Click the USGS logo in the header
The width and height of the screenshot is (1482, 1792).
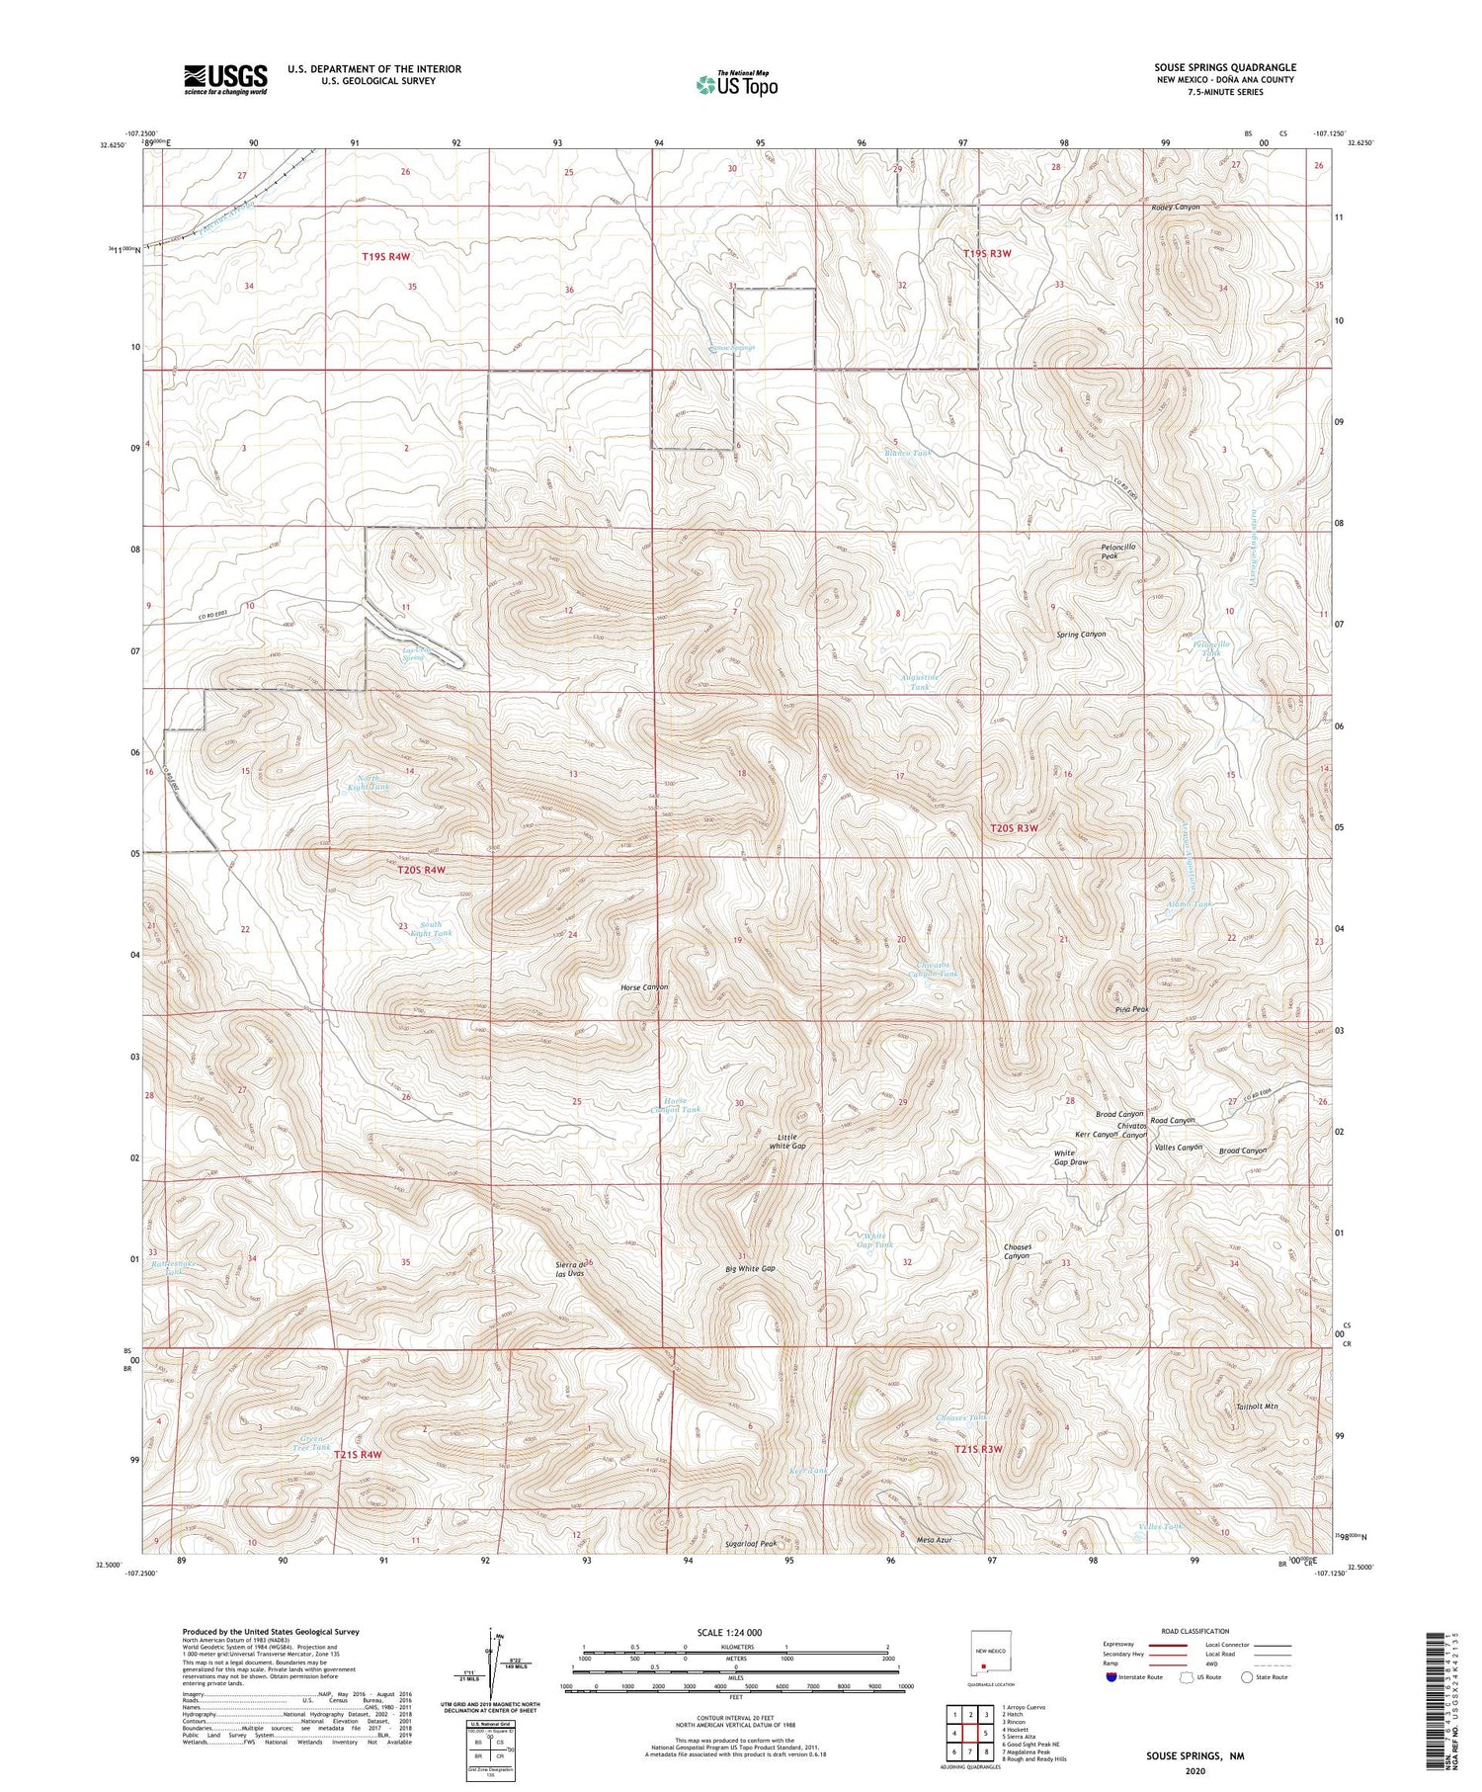click(x=225, y=79)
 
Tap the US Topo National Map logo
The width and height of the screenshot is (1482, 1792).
click(x=736, y=84)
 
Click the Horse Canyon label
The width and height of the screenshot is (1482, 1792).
click(x=644, y=986)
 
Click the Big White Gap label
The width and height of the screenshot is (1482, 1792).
click(x=750, y=1268)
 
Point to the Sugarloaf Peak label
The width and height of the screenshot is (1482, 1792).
click(x=751, y=1543)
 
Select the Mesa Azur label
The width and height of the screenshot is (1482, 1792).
click(x=934, y=1540)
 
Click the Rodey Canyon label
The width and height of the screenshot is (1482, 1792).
click(x=1175, y=207)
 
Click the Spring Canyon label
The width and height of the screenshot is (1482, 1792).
click(x=1081, y=634)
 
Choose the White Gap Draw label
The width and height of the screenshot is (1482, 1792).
click(x=1070, y=1157)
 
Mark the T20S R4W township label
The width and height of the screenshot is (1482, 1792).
click(x=415, y=870)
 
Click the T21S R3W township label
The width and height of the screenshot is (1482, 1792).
click(x=978, y=1449)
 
